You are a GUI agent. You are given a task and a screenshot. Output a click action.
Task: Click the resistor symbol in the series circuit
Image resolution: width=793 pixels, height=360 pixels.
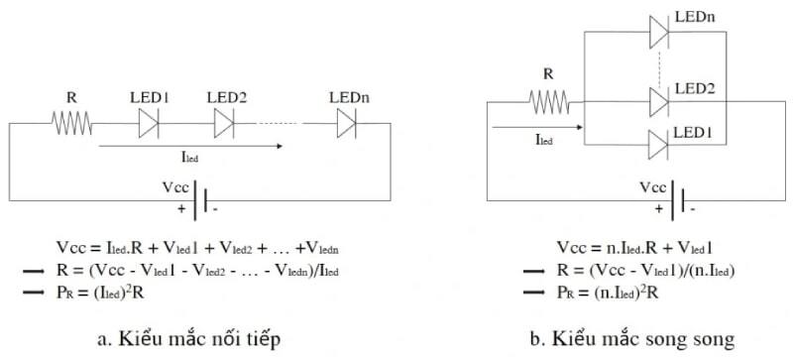(71, 124)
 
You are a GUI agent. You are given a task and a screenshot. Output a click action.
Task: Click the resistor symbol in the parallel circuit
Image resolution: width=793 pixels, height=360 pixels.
(547, 101)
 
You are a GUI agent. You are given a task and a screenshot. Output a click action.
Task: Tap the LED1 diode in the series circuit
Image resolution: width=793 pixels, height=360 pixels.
(149, 124)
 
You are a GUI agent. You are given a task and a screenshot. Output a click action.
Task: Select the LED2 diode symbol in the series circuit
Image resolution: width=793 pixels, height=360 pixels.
(224, 124)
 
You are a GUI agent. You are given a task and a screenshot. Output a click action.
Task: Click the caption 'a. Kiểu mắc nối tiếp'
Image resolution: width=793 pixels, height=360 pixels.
(195, 338)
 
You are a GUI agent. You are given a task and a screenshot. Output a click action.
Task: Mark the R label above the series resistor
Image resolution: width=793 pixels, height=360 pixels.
(71, 98)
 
